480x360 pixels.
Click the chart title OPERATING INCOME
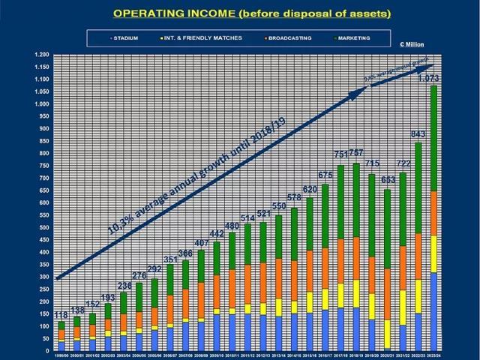(x=240, y=13)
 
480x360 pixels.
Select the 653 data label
(x=388, y=181)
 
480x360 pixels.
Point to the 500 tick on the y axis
(x=42, y=227)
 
